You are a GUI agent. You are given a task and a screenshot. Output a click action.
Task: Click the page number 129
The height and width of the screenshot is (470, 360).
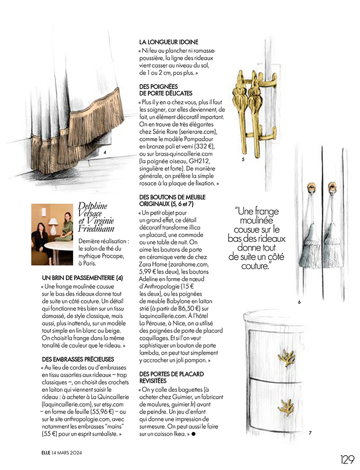[347, 460]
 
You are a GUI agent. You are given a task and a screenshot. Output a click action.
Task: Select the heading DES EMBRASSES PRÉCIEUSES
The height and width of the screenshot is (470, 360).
[78, 359]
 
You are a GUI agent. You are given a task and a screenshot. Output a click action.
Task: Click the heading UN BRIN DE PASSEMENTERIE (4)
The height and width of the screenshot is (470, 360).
[82, 278]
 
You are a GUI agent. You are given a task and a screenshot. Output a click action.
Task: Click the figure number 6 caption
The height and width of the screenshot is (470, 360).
[299, 302]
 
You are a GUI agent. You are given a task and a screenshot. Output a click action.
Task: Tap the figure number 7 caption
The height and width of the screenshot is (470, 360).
[310, 433]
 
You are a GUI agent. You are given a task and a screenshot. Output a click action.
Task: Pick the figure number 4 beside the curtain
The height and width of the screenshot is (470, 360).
[105, 152]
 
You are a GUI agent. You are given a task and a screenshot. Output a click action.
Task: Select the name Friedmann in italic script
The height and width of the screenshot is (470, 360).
[96, 229]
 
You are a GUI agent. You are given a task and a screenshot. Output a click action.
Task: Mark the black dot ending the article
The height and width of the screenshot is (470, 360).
[194, 433]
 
